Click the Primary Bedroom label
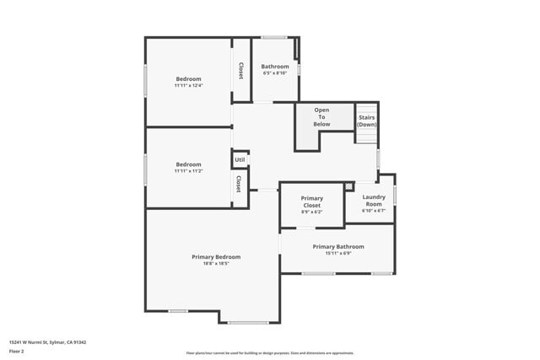[x=216, y=256]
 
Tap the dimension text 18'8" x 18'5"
[x=216, y=264]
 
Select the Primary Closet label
[x=312, y=201]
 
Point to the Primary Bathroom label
[x=338, y=246]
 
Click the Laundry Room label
[x=374, y=201]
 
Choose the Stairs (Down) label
[x=366, y=121]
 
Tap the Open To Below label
[x=321, y=117]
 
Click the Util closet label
[x=240, y=159]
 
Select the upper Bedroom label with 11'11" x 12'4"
[x=188, y=79]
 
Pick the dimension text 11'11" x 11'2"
[x=188, y=171]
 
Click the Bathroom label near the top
[x=275, y=67]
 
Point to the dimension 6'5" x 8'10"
[x=275, y=73]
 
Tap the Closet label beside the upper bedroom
[x=241, y=72]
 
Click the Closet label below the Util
[x=239, y=183]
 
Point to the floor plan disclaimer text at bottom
[x=270, y=353]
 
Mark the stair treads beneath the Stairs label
[x=366, y=138]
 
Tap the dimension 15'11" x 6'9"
[x=338, y=253]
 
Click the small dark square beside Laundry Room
[x=348, y=186]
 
